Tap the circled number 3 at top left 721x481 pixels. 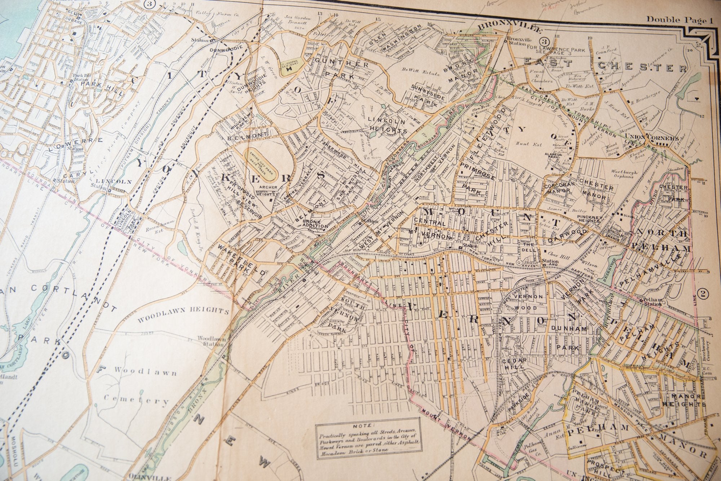point(139,4)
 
